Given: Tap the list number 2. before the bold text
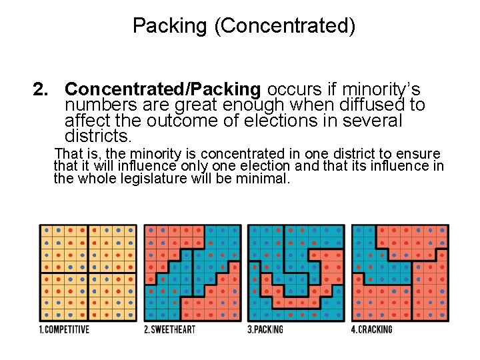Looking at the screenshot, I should click(43, 89).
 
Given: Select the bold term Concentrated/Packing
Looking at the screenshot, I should click(163, 89).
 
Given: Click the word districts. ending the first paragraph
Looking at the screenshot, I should click(99, 137).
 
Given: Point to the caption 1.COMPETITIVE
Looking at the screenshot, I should click(64, 329).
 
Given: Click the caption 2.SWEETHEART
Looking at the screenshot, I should click(169, 329).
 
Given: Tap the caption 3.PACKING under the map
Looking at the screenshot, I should click(265, 329).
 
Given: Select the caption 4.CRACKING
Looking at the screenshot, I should click(372, 329).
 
